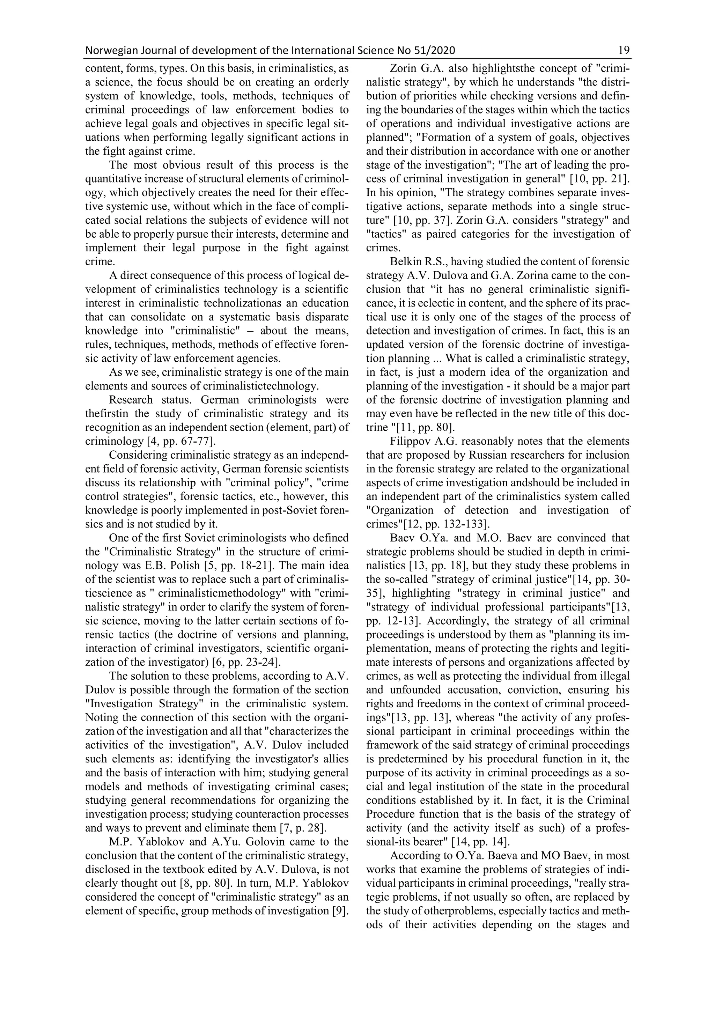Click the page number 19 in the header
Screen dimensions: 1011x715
coord(624,51)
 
